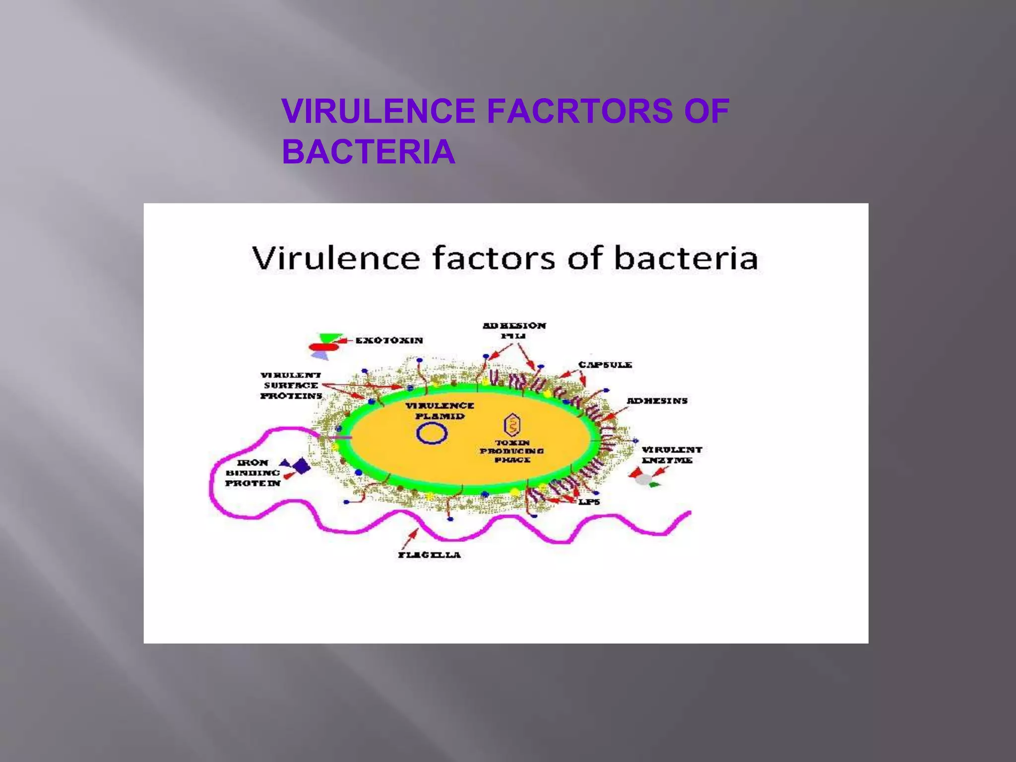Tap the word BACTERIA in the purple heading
tap(368, 152)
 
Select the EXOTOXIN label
tap(389, 340)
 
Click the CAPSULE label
tap(605, 365)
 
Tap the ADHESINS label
tap(657, 400)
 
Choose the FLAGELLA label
tap(429, 555)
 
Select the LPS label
tap(589, 502)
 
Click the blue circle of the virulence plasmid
tap(432, 433)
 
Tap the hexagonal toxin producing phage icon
tap(512, 425)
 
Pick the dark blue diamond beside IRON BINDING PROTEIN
tap(301, 466)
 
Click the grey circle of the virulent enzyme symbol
tap(644, 479)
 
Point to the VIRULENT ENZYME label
tap(672, 454)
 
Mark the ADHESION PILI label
tap(514, 330)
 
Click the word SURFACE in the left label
tap(291, 385)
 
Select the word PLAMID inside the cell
tap(440, 416)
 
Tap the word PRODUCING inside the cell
tap(511, 451)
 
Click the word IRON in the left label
tap(253, 462)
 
